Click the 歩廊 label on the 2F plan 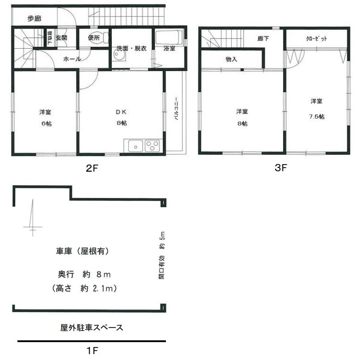pos(34,18)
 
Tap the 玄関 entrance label pos(61,38)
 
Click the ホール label pos(72,59)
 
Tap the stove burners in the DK pos(152,146)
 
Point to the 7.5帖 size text pos(316,116)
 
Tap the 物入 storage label pos(231,59)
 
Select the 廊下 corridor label pos(263,39)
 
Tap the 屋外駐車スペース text pos(91,328)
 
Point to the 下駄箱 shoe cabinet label pos(50,38)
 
